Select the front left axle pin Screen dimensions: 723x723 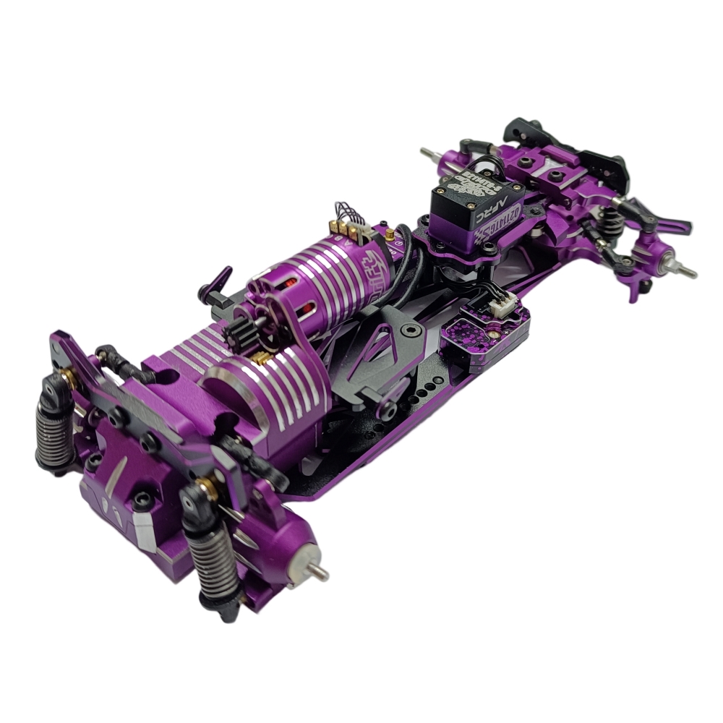click(x=427, y=153)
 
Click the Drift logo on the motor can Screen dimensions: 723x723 click(x=375, y=265)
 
